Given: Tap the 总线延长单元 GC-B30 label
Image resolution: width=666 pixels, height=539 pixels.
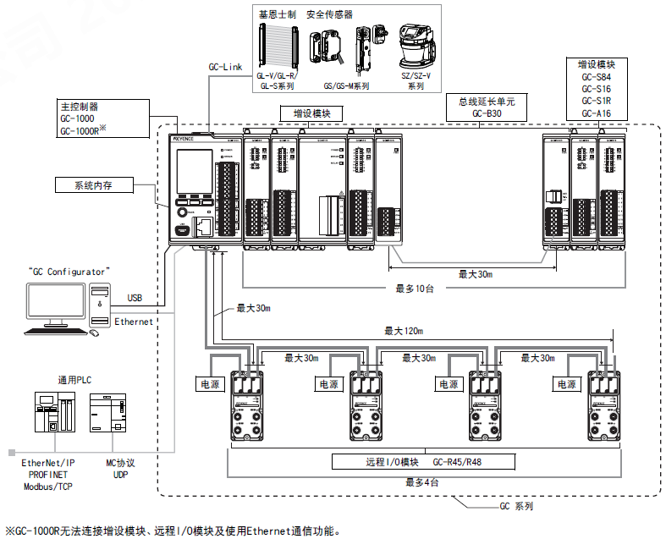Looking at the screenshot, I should coord(487,107).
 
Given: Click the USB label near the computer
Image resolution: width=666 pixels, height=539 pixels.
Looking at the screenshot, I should coord(135,297).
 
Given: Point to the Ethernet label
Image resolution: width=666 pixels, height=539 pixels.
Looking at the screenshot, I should coord(134,322).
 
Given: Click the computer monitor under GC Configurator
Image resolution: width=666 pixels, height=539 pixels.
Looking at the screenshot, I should coord(56,303).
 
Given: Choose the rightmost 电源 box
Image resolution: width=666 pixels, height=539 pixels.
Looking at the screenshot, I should coord(565,383).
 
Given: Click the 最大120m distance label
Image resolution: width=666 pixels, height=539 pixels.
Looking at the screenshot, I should coord(404,331).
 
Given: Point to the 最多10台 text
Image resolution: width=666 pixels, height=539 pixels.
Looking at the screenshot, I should coord(415,288).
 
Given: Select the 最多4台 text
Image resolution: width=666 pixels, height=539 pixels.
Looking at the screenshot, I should coord(421,481).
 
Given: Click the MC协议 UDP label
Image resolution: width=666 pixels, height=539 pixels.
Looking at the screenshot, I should coord(118,470).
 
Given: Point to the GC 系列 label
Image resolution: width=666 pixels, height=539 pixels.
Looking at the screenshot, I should coord(515,506).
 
